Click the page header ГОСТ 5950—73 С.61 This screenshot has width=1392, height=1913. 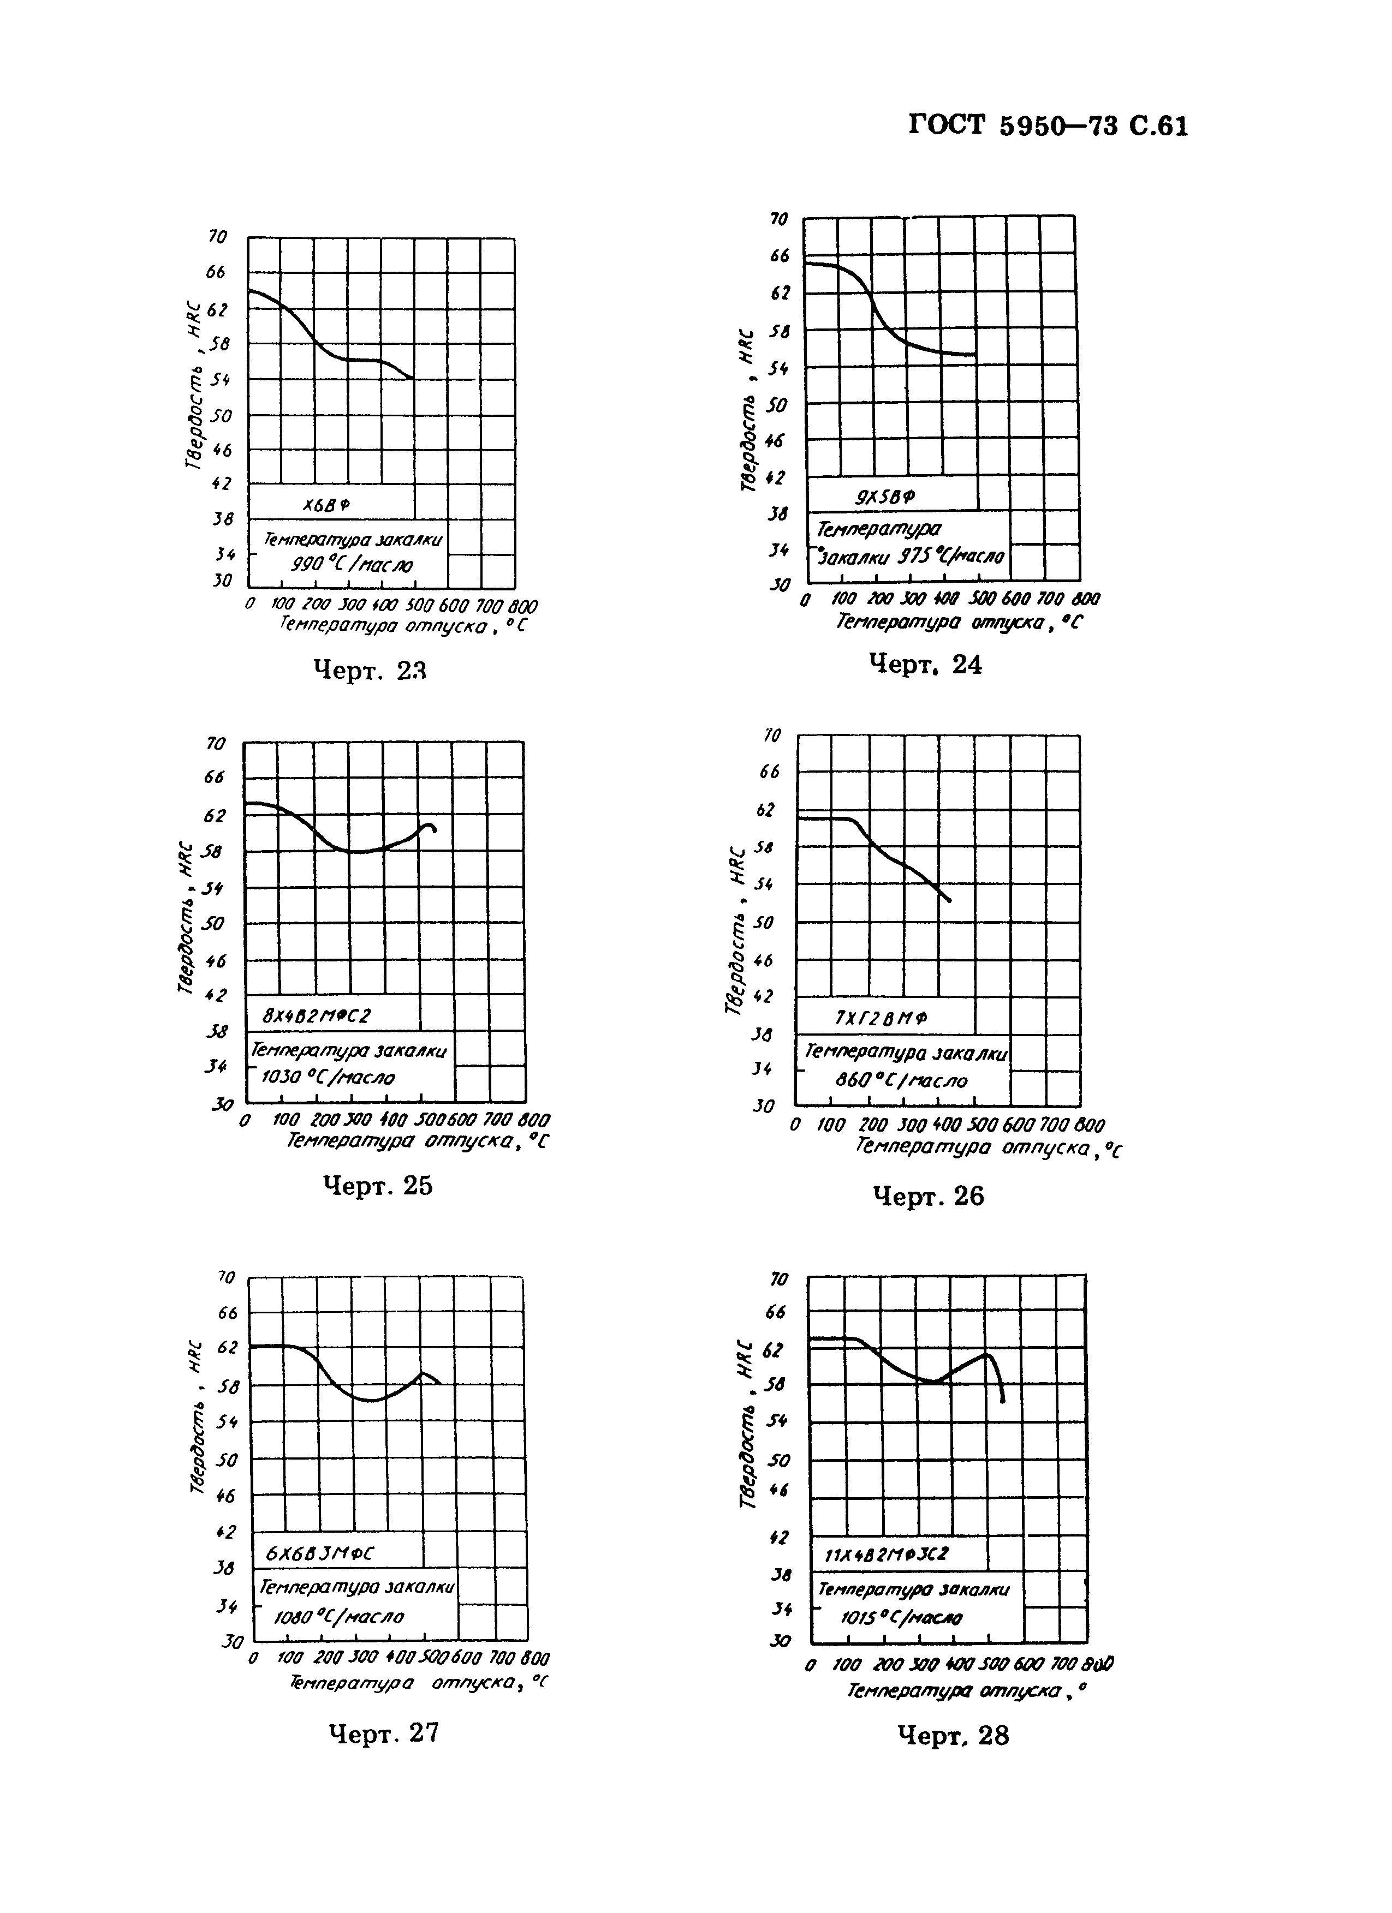(1049, 127)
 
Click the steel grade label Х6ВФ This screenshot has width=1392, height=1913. (328, 504)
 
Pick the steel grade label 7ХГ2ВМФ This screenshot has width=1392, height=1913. (881, 1018)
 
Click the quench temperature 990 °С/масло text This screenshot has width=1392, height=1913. (351, 565)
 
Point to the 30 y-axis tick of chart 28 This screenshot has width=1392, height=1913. (778, 1641)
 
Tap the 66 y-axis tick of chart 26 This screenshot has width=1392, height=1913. (769, 772)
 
